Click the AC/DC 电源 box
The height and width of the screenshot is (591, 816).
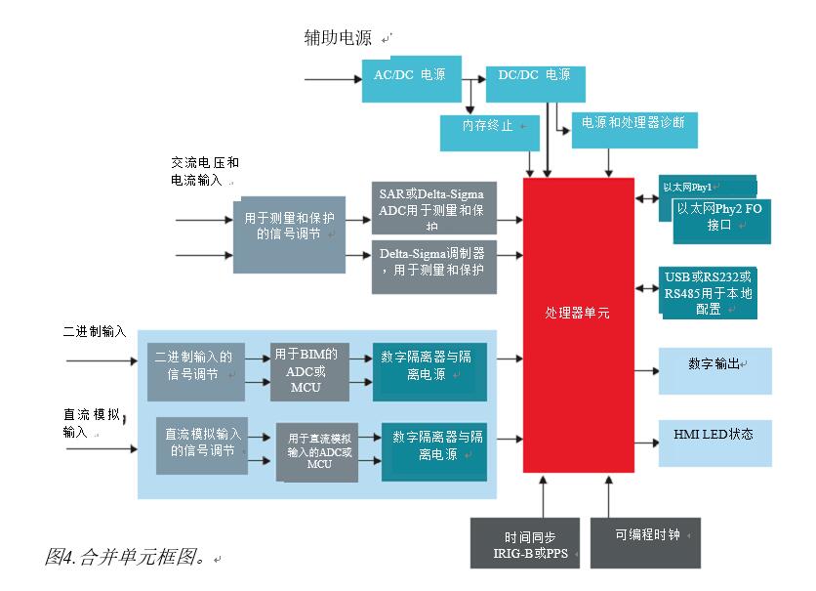(403, 80)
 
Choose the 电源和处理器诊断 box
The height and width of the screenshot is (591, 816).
(632, 128)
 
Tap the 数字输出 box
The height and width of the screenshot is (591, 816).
(715, 370)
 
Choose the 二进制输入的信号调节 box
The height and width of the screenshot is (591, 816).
(196, 371)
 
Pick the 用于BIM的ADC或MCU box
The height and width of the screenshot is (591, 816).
(308, 371)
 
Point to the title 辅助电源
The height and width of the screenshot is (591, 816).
(338, 39)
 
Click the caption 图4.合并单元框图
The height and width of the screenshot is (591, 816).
(128, 558)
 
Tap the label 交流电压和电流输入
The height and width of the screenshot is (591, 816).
(204, 172)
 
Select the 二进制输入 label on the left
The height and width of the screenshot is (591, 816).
(95, 332)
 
